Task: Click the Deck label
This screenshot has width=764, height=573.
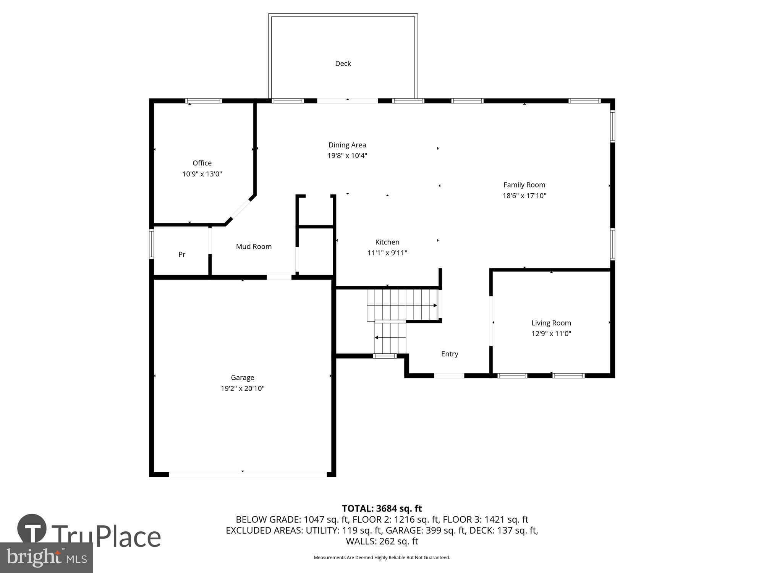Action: tap(343, 64)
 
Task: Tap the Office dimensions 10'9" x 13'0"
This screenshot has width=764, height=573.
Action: tap(202, 174)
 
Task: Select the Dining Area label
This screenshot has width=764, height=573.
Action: tap(347, 145)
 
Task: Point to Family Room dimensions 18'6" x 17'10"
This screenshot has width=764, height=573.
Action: tap(524, 196)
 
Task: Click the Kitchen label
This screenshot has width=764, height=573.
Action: tap(387, 242)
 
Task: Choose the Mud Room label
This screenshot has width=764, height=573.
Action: tap(254, 247)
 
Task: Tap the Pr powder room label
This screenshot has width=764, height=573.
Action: tap(182, 254)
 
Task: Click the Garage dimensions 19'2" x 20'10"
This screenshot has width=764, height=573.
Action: tap(242, 388)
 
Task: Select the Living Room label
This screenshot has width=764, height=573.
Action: tap(551, 323)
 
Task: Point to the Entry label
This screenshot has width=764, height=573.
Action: tap(449, 354)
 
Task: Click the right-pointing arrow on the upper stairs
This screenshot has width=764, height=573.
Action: tap(435, 306)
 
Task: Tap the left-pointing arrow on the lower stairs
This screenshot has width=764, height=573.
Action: tap(377, 338)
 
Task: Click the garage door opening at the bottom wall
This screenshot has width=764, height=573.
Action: tap(248, 474)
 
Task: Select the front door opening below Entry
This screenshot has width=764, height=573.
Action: tap(449, 376)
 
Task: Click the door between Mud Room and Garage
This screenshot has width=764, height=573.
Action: tap(279, 277)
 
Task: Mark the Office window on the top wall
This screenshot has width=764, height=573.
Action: tap(204, 101)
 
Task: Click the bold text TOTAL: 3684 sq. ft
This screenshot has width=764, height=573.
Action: tap(382, 508)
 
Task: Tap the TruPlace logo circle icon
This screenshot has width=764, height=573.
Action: tap(32, 529)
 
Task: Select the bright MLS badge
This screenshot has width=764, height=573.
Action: tap(47, 558)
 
